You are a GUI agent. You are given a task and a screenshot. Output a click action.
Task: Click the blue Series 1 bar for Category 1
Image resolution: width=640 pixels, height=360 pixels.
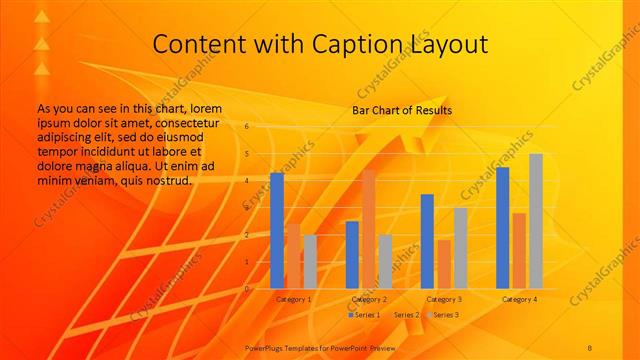[277, 231]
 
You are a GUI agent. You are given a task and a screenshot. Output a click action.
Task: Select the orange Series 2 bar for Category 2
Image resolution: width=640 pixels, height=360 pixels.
[368, 229]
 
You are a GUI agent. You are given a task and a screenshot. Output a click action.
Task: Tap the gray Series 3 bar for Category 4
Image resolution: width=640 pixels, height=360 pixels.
[536, 221]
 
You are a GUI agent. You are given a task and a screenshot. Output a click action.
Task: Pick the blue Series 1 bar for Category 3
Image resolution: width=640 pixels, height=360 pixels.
[427, 241]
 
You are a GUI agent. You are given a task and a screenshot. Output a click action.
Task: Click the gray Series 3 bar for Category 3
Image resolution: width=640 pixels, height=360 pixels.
[460, 248]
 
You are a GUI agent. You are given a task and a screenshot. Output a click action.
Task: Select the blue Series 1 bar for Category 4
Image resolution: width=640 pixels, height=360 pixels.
[502, 228]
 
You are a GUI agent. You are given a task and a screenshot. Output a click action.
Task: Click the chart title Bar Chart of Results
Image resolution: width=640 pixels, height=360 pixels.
[402, 110]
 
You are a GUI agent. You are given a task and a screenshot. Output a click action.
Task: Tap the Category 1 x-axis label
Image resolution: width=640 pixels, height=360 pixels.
[293, 299]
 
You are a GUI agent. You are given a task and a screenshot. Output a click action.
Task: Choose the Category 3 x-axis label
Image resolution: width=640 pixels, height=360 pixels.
[444, 299]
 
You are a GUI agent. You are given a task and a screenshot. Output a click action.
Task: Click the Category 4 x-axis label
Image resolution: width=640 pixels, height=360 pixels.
[519, 299]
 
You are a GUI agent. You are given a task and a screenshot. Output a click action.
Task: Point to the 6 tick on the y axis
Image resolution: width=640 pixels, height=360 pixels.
[247, 127]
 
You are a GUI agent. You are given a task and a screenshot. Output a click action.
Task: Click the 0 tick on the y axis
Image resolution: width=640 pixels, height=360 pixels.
[247, 288]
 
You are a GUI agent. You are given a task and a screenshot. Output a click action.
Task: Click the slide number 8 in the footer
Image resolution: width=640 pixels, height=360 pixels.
[590, 344]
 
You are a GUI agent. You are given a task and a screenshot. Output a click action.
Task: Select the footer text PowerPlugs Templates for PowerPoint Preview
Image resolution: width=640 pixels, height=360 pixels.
[314, 344]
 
